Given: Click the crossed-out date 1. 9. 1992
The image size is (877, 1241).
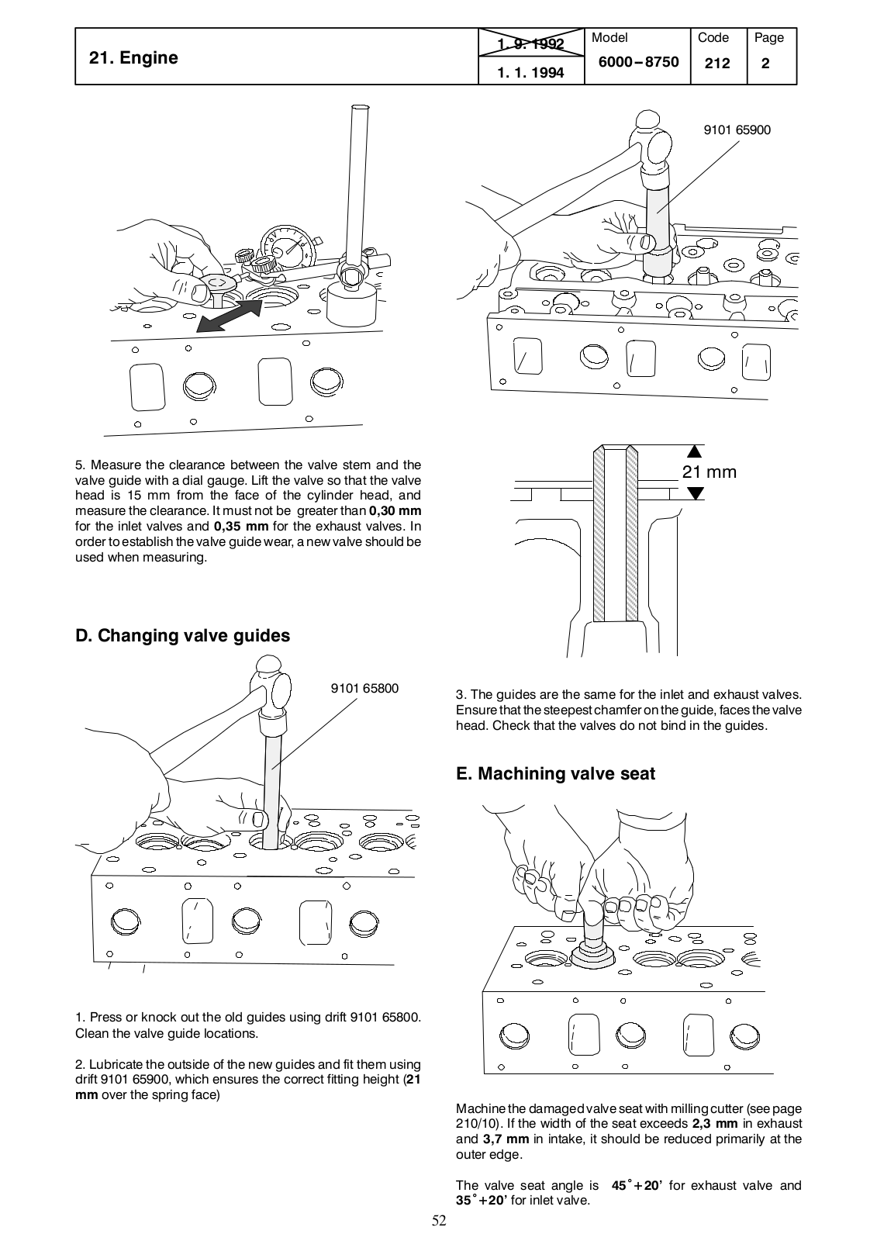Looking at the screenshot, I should tap(531, 43).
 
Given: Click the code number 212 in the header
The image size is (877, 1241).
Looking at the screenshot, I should tap(717, 64).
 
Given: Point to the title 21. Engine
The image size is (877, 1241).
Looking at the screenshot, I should tap(133, 57).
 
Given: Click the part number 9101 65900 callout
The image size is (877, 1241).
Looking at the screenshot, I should tap(737, 130).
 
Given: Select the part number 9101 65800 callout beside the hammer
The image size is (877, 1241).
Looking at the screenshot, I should tap(364, 688).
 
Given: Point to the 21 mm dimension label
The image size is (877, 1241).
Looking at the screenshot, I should tap(709, 472).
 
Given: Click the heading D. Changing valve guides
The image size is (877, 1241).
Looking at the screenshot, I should tap(182, 635).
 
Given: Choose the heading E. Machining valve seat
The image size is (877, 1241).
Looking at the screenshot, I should tap(555, 773).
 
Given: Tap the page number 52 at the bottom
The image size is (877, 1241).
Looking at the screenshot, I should tap(439, 1222).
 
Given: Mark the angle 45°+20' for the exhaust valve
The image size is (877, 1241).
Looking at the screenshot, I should tap(636, 1185).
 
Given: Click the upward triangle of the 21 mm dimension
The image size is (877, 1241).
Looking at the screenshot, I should tap(695, 451).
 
